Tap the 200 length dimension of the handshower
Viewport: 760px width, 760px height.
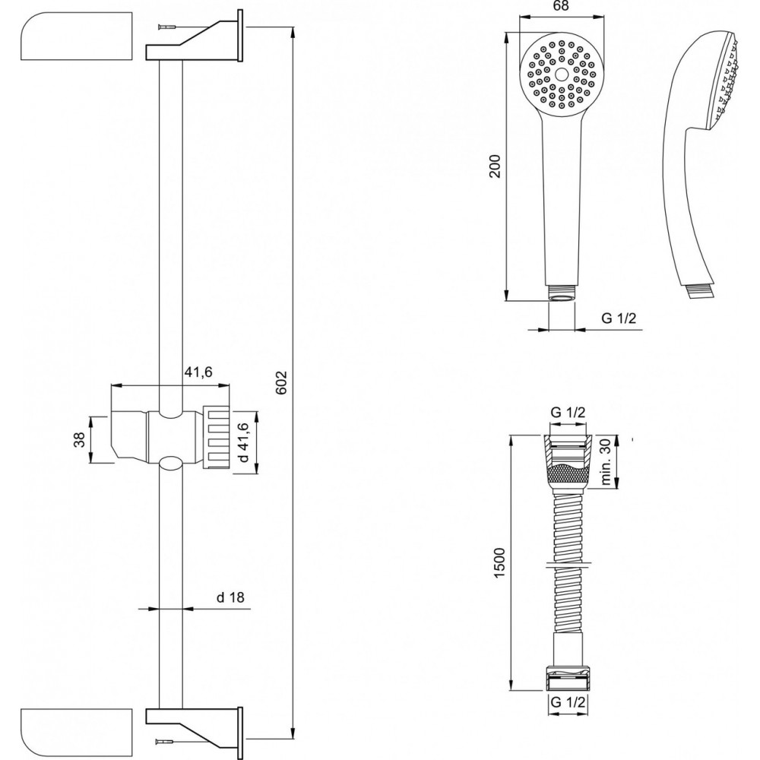[x=495, y=166]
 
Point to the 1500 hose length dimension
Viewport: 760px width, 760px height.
[x=500, y=562]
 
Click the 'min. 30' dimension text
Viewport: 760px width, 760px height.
[x=606, y=463]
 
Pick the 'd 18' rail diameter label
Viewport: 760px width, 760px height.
[x=230, y=597]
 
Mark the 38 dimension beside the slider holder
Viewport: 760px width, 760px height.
[x=80, y=439]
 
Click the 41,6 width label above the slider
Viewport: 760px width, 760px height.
[x=198, y=372]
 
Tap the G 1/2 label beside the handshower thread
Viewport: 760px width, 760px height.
[x=619, y=318]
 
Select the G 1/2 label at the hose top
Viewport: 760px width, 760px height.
[x=568, y=413]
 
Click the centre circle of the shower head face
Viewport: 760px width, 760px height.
[x=562, y=74]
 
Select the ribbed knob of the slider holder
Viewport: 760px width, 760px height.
[x=217, y=438]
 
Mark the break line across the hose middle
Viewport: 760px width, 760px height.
[x=568, y=563]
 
